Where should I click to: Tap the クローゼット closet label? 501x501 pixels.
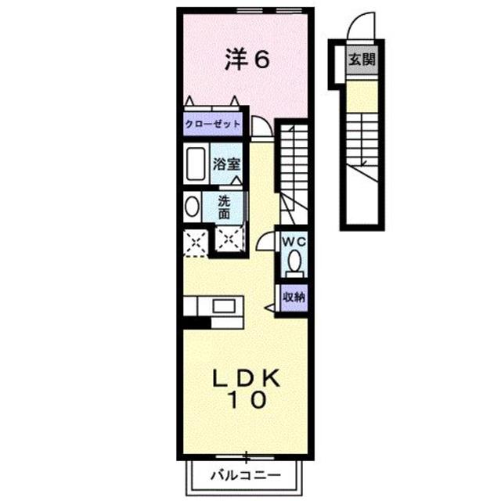pyautogui.click(x=212, y=124)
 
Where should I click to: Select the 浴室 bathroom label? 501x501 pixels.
pyautogui.click(x=227, y=165)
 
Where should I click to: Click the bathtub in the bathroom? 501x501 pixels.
pyautogui.click(x=196, y=165)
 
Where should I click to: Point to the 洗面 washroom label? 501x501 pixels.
pyautogui.click(x=225, y=207)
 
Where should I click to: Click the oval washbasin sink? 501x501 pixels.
pyautogui.click(x=193, y=207)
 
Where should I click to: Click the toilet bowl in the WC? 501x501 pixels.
pyautogui.click(x=294, y=262)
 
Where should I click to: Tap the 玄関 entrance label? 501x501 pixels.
pyautogui.click(x=361, y=59)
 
